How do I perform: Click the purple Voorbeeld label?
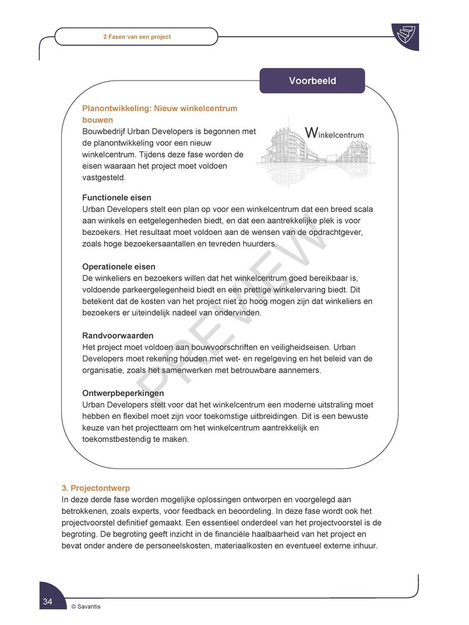coord(312,81)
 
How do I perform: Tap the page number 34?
coord(48,601)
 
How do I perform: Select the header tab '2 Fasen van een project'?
coord(136,37)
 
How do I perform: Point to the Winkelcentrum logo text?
coord(334,133)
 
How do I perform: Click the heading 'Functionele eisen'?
coord(117,197)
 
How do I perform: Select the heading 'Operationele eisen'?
coord(119,267)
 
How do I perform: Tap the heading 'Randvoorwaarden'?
coord(118,336)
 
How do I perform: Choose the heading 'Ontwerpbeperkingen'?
coord(123,393)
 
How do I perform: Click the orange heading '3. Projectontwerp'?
coord(96,487)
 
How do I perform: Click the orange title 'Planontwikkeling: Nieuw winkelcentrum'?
coord(159,108)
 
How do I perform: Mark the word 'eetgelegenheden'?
coord(174,221)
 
